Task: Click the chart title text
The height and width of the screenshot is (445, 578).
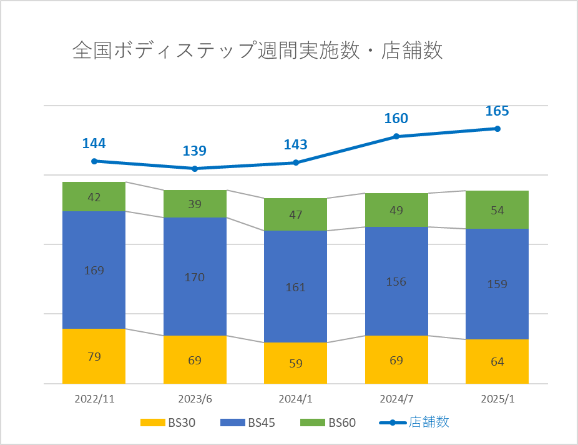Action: pos(257,51)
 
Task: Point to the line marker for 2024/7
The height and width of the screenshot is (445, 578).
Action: pos(396,136)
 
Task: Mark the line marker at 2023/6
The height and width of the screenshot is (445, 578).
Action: pos(195,169)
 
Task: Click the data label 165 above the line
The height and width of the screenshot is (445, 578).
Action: pos(497,111)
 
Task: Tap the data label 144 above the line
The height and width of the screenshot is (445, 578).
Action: pos(94,143)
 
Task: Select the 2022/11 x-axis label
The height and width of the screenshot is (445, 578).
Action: pos(94,398)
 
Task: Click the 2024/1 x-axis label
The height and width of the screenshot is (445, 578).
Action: pos(295,398)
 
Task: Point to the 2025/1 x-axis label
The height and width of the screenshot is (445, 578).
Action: pos(497,398)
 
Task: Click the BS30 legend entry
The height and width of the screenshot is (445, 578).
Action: pos(168,423)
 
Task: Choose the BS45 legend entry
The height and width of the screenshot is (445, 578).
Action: pos(248,423)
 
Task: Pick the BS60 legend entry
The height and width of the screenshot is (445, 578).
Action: pos(328,423)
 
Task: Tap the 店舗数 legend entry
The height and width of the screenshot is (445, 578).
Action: pos(414,422)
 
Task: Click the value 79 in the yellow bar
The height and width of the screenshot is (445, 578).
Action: pos(94,357)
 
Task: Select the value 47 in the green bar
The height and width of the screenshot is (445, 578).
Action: pos(295,215)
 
